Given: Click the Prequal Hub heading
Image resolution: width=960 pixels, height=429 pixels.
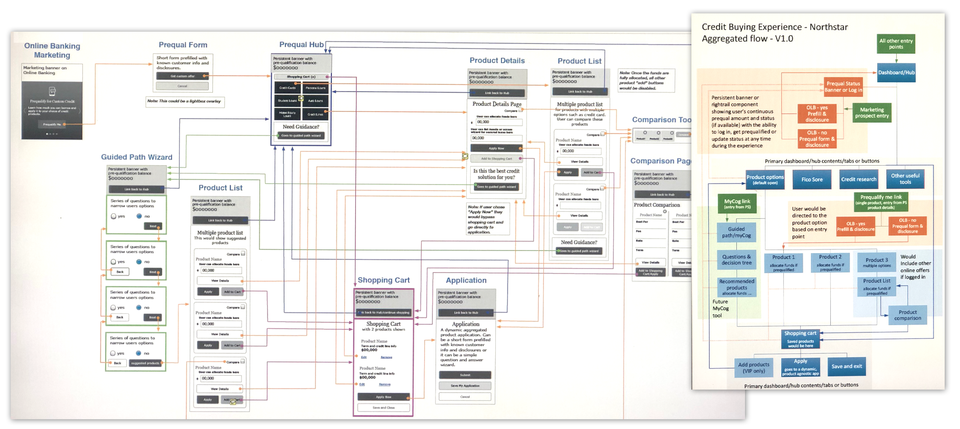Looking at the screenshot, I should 301,44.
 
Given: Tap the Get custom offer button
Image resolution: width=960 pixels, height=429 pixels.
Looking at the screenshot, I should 182,76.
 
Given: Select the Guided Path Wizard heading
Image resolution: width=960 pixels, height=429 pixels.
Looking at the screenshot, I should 136,157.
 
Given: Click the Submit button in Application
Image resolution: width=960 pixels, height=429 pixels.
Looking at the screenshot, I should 465,375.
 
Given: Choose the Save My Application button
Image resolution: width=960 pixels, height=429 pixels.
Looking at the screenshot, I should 465,386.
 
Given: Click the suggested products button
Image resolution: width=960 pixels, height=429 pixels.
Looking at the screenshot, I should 146,363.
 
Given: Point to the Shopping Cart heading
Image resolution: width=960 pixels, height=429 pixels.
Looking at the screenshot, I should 383,280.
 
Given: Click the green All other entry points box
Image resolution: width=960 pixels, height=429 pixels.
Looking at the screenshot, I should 896,44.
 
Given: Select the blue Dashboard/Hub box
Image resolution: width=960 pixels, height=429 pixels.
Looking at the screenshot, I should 896,73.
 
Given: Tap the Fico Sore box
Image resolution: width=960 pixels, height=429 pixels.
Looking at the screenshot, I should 812,179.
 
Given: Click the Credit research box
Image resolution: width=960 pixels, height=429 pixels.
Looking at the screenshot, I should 858,179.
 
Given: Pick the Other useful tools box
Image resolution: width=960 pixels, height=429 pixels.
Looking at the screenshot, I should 905,179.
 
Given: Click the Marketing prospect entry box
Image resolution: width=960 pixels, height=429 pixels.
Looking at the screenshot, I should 872,113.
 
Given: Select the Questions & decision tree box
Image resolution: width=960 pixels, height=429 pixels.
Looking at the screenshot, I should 736,260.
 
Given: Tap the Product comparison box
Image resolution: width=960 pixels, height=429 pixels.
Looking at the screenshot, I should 907,315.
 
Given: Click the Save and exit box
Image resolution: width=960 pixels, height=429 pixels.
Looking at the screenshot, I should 846,366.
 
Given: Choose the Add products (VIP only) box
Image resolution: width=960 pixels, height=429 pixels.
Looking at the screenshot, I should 754,368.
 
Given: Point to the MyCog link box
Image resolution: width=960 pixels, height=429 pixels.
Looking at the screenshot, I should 737,204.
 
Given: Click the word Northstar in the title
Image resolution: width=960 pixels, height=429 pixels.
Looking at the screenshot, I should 828,27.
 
